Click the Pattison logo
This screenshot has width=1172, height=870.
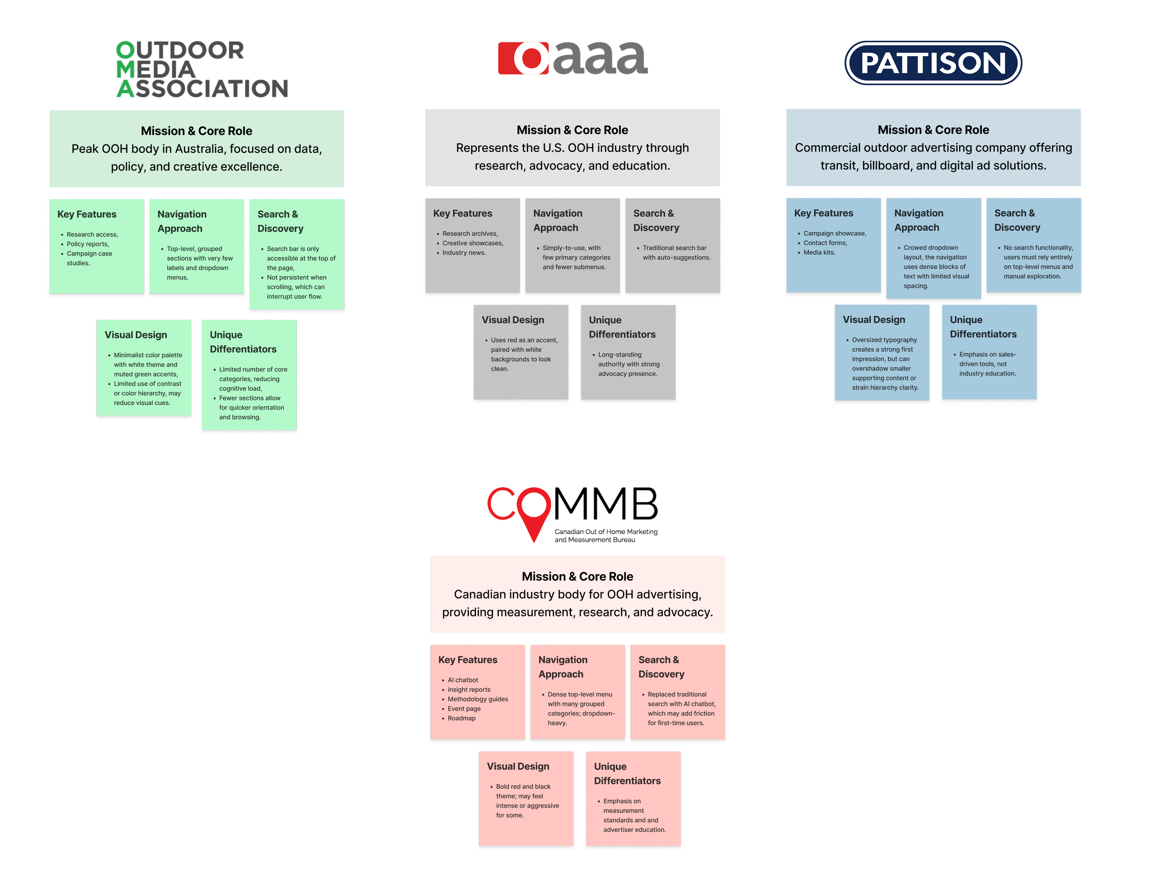(x=933, y=63)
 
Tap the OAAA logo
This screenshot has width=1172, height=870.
(x=572, y=59)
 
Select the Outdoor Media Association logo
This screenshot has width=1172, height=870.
(x=202, y=69)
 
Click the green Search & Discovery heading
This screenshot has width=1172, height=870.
(x=280, y=221)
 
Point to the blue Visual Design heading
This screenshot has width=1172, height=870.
(x=873, y=320)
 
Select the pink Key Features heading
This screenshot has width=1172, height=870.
(x=467, y=660)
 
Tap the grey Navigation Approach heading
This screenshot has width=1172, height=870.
(x=557, y=221)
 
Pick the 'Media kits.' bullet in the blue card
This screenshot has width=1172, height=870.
(x=819, y=253)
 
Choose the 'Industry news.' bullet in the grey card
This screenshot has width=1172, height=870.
(x=464, y=253)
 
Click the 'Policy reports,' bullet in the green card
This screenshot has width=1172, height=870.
(x=88, y=244)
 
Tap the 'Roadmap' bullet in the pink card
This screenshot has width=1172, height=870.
(x=461, y=718)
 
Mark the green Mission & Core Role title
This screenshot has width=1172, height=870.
(x=196, y=131)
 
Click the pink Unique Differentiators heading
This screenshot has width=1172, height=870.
(x=627, y=773)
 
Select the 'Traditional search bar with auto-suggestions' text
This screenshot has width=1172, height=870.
(x=676, y=253)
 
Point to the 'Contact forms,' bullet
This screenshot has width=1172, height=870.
(x=825, y=243)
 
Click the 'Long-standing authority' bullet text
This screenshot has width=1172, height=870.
(x=628, y=364)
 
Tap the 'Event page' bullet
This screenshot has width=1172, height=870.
(x=464, y=709)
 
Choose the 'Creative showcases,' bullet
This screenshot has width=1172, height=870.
(x=473, y=243)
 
